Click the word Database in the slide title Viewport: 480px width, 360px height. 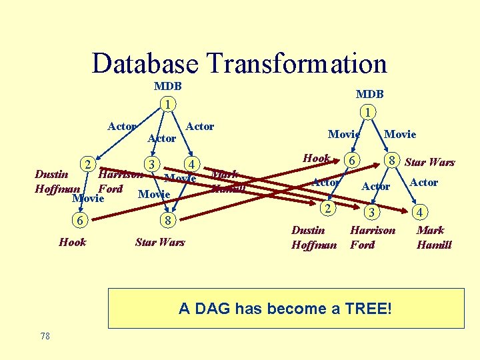[x=145, y=64]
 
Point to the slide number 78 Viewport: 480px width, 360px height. [x=45, y=337]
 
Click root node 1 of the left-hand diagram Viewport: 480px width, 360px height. [x=169, y=104]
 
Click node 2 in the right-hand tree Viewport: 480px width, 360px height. [x=327, y=209]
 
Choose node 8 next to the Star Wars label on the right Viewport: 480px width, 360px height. [x=394, y=161]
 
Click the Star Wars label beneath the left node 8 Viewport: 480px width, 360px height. [x=159, y=242]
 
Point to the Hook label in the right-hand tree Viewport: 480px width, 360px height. [x=316, y=159]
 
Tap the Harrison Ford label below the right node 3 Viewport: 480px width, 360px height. [x=373, y=237]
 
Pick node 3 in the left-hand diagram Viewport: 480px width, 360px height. [x=153, y=164]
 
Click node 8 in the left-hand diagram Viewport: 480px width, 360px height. [x=168, y=221]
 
